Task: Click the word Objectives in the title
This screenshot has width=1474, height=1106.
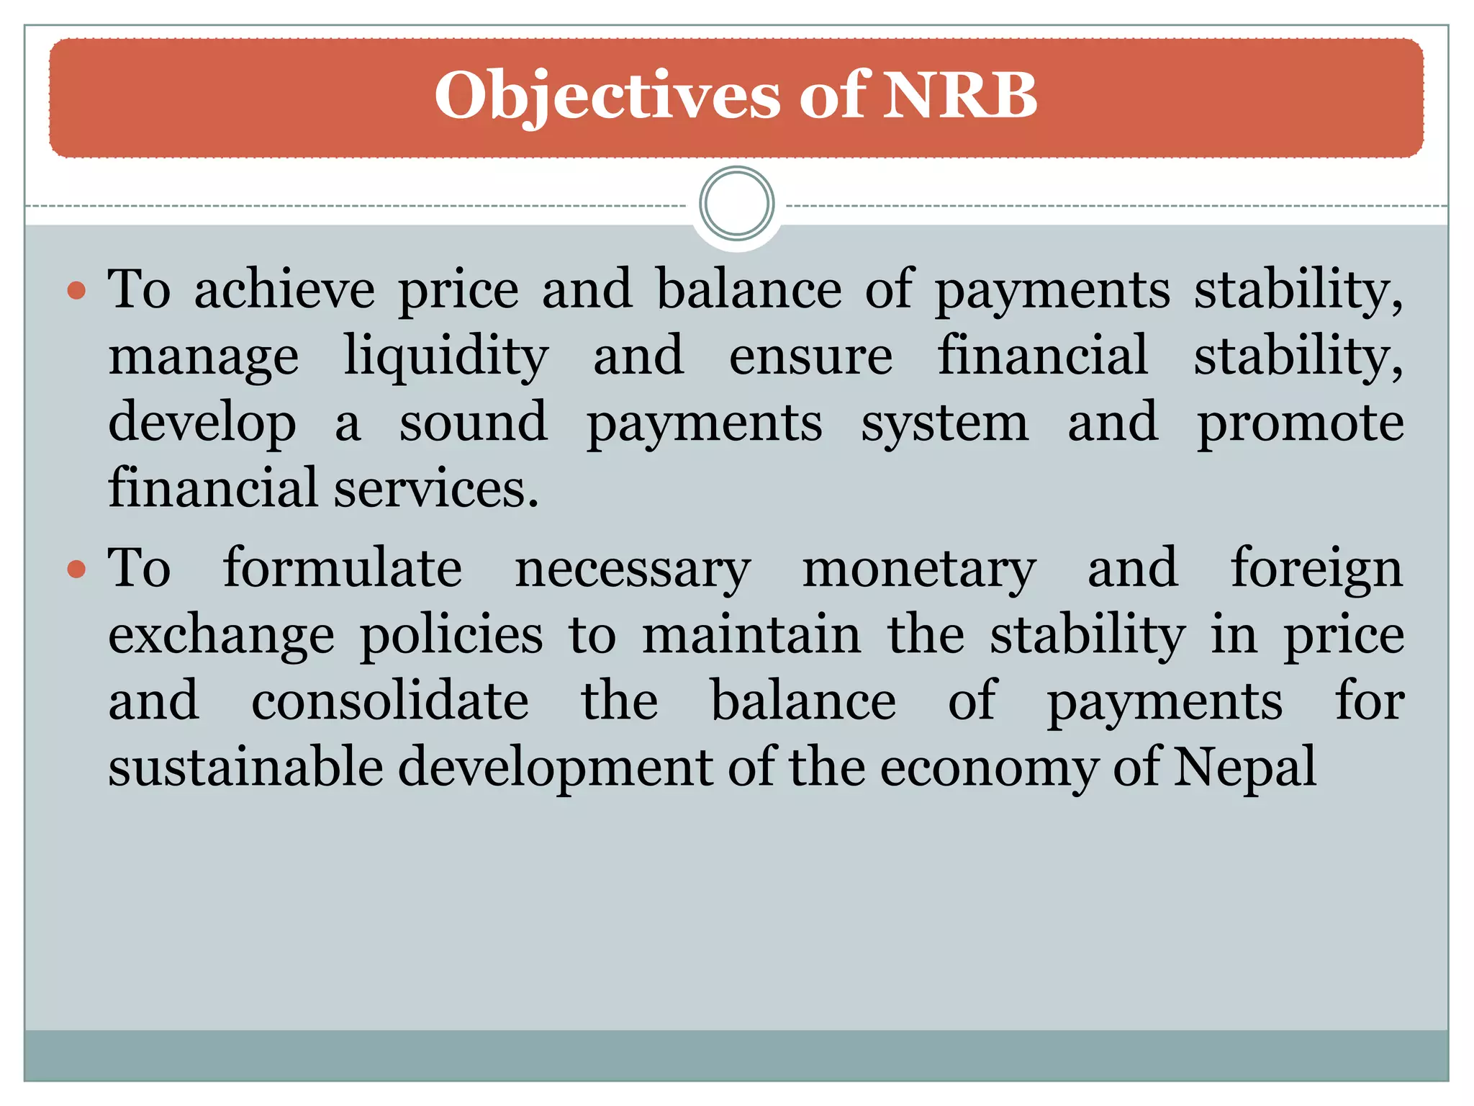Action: pyautogui.click(x=607, y=96)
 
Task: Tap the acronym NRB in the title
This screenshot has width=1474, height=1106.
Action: pyautogui.click(x=960, y=95)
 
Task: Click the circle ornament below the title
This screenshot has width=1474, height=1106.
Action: pyautogui.click(x=736, y=204)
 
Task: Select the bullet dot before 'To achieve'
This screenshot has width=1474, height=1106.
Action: pyautogui.click(x=76, y=292)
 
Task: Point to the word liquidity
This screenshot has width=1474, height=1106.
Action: pyautogui.click(x=446, y=356)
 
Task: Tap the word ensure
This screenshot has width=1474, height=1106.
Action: pyautogui.click(x=810, y=356)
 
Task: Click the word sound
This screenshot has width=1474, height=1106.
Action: pyautogui.click(x=473, y=423)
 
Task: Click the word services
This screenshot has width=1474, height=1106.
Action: pyautogui.click(x=436, y=489)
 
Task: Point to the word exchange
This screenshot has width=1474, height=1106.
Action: pyautogui.click(x=222, y=637)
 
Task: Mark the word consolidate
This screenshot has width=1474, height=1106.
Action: pyautogui.click(x=389, y=701)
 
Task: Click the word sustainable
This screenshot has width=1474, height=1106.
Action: pyautogui.click(x=245, y=768)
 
